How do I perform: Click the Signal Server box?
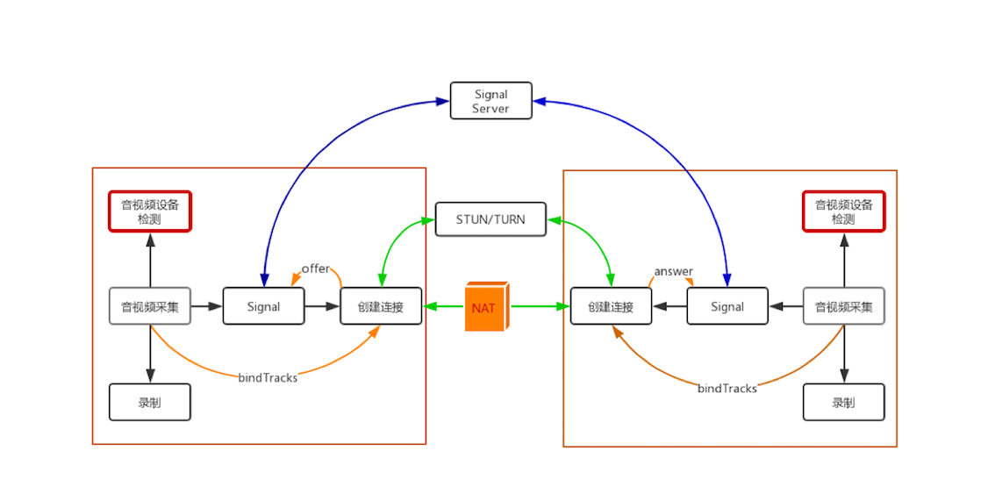tap(490, 101)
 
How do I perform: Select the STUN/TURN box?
tap(490, 219)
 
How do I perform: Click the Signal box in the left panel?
tap(263, 306)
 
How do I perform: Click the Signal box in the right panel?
tap(727, 306)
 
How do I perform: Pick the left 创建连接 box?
tap(381, 306)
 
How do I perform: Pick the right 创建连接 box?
tap(611, 306)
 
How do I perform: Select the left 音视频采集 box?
tap(150, 306)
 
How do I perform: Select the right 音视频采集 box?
tap(844, 306)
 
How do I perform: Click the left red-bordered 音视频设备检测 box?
tap(150, 211)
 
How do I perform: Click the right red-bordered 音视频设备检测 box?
tap(844, 211)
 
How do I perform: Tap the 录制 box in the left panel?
tap(150, 403)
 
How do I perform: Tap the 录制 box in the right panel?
tap(844, 403)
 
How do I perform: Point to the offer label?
tap(315, 268)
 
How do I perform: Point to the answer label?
tap(673, 271)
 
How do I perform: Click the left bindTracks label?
tap(268, 377)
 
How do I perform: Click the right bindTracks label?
tap(727, 388)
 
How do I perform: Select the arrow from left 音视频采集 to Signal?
tap(206, 306)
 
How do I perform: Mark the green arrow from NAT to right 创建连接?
tap(540, 306)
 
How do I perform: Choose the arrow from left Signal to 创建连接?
tap(322, 306)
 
